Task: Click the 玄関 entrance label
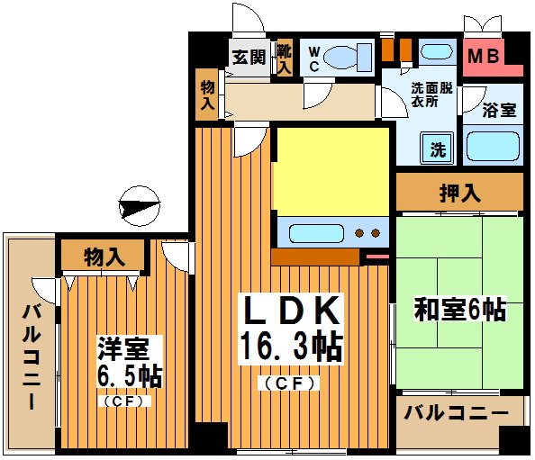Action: pyautogui.click(x=249, y=57)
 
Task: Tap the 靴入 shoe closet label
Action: pyautogui.click(x=285, y=57)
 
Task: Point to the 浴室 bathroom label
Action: pyautogui.click(x=498, y=110)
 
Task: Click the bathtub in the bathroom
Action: pyautogui.click(x=494, y=145)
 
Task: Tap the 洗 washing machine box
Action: pyautogui.click(x=438, y=149)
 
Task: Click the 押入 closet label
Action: pyautogui.click(x=458, y=192)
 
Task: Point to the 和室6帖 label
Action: pyautogui.click(x=459, y=311)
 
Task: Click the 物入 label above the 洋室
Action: pyautogui.click(x=104, y=257)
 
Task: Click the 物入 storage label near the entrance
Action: pyautogui.click(x=207, y=94)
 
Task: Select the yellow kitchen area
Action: pyautogui.click(x=331, y=170)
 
